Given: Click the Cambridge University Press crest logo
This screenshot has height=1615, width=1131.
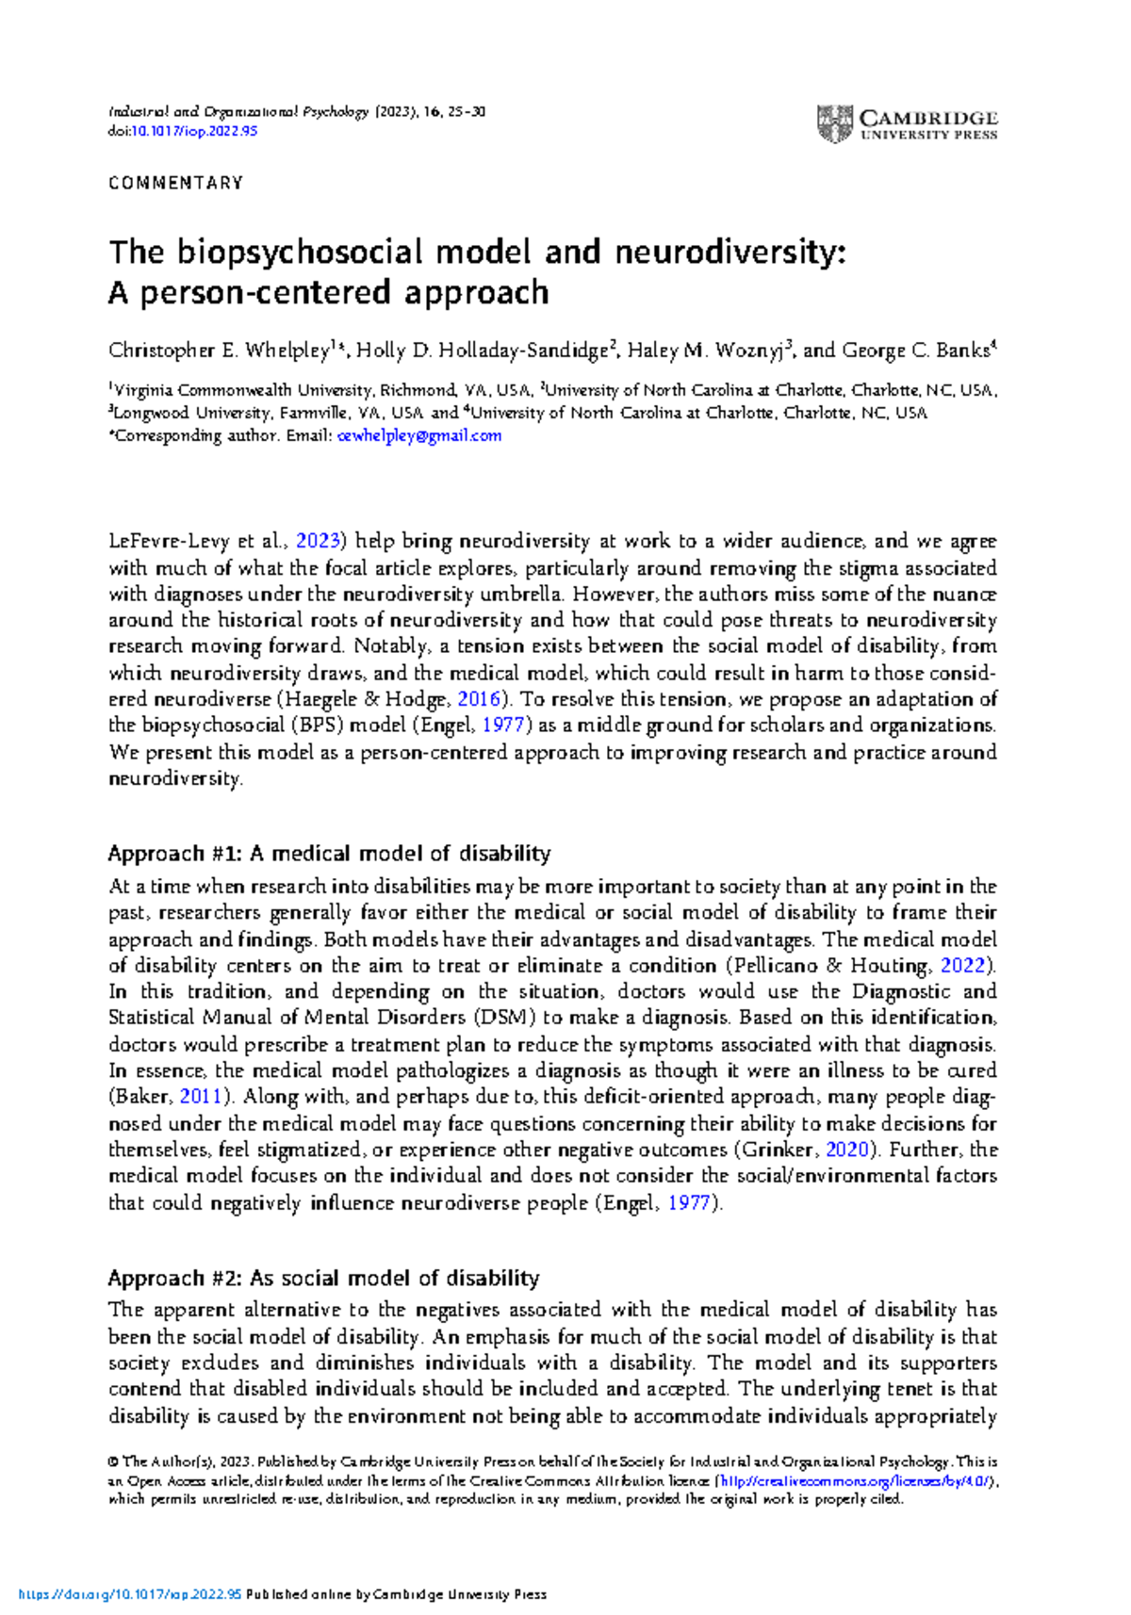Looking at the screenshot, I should [834, 123].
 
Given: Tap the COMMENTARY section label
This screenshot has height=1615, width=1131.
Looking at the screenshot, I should [176, 183].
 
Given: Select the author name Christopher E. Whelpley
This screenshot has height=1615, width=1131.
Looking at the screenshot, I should [219, 351].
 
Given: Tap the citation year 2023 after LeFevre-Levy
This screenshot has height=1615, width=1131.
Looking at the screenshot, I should [318, 541].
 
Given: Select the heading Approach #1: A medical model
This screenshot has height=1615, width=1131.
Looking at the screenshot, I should [329, 854].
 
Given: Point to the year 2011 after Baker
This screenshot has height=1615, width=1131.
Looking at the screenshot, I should [201, 1097].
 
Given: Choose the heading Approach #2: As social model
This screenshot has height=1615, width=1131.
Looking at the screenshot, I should [323, 1279].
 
